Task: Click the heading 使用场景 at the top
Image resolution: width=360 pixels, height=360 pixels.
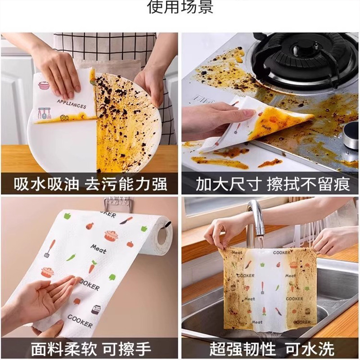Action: pyautogui.click(x=180, y=8)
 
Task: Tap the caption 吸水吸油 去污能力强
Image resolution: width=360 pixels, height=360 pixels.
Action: pyautogui.click(x=90, y=184)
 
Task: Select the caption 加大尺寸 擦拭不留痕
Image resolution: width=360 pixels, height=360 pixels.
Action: pyautogui.click(x=270, y=184)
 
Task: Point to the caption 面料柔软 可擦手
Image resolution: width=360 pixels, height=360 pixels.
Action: pyautogui.click(x=90, y=349)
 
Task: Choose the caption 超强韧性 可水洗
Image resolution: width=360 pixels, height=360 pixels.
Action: pyautogui.click(x=270, y=349)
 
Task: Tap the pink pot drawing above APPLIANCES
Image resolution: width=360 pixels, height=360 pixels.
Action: pyautogui.click(x=57, y=85)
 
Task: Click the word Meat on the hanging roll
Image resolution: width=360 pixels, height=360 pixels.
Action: pyautogui.click(x=98, y=247)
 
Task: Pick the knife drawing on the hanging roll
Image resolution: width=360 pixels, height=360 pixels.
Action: pyautogui.click(x=126, y=220)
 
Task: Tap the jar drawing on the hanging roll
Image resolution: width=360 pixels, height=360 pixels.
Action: pyautogui.click(x=95, y=310)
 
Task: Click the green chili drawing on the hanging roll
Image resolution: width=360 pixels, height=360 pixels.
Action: pyautogui.click(x=71, y=257)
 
